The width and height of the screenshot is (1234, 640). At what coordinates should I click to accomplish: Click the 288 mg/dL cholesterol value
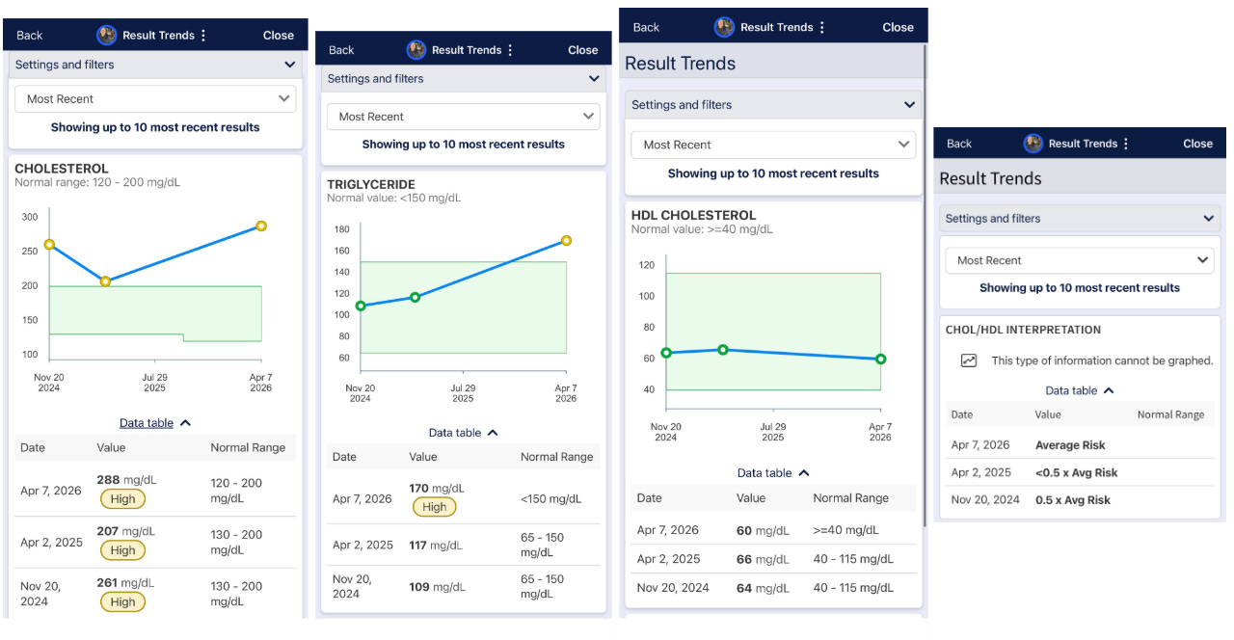click(x=125, y=478)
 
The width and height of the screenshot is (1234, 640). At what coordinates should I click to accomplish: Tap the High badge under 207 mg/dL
click(x=122, y=550)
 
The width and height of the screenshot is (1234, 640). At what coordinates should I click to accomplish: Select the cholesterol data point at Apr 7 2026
click(x=260, y=227)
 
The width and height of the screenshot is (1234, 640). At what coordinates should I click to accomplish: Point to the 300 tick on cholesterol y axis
click(x=30, y=217)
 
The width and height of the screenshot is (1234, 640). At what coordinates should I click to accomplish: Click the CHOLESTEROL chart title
click(x=62, y=169)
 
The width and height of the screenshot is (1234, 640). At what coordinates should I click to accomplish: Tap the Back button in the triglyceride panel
click(x=341, y=50)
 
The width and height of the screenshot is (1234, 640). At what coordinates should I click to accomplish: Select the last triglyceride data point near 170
click(x=566, y=241)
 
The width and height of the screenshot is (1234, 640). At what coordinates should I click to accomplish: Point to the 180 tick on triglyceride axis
click(x=341, y=229)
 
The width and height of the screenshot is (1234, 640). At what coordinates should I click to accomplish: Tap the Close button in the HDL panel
click(x=898, y=27)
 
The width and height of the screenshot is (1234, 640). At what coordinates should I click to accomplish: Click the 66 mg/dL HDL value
click(x=757, y=559)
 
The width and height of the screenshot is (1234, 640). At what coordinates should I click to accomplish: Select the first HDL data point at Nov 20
click(x=666, y=353)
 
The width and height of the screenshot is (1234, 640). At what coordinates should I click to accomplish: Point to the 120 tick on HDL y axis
click(x=646, y=265)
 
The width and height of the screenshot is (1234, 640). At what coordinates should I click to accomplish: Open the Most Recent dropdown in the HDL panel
click(x=773, y=145)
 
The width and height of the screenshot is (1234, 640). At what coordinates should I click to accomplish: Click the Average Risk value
click(x=1070, y=445)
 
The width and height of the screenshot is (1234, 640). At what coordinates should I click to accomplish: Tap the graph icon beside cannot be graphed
click(x=969, y=360)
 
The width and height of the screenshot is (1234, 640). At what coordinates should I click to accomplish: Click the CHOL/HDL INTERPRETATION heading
click(x=1023, y=330)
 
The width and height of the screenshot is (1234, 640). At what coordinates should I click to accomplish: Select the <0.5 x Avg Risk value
click(x=1076, y=472)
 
